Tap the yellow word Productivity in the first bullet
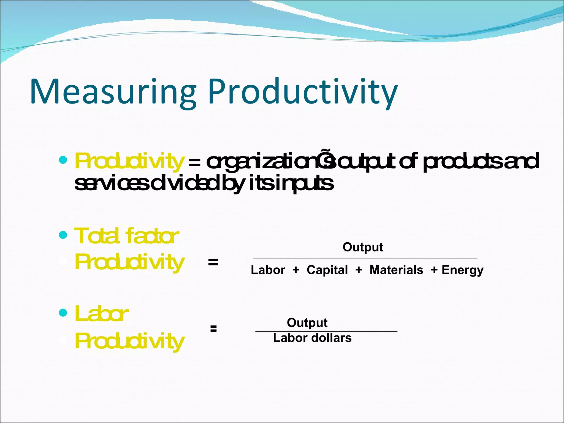(129, 161)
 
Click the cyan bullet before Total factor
(63, 235)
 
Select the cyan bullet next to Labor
(63, 313)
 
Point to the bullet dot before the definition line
(63, 159)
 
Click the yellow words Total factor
(126, 236)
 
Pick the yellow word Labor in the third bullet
(101, 314)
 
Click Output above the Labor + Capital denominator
(363, 247)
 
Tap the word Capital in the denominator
(327, 270)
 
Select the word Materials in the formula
(396, 270)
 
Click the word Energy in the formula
(462, 270)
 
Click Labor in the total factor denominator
(268, 270)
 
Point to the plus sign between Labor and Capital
(296, 270)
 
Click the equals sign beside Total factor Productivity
(213, 262)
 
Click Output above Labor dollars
(307, 322)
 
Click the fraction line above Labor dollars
(326, 331)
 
